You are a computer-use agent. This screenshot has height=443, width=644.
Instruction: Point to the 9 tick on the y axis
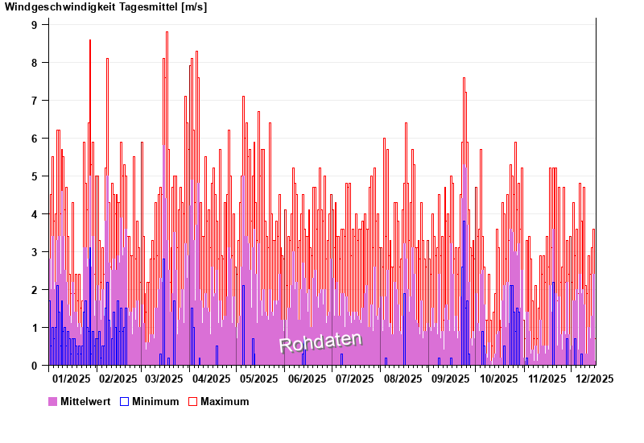click(x=35, y=25)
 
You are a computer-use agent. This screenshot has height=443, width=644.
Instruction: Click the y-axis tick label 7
click(x=35, y=101)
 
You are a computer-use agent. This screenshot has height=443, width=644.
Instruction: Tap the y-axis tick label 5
click(x=35, y=176)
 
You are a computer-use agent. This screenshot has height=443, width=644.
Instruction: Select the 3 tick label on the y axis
click(x=35, y=252)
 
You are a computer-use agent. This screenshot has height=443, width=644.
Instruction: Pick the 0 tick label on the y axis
click(x=35, y=366)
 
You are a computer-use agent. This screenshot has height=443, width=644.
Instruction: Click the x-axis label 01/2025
click(x=70, y=379)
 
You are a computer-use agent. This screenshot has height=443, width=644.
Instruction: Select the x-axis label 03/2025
click(x=164, y=379)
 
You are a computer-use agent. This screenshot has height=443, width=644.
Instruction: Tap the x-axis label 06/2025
click(x=307, y=379)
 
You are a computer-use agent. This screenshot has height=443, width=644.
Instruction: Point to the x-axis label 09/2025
click(x=451, y=379)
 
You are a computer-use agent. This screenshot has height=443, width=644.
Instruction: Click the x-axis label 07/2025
click(x=354, y=379)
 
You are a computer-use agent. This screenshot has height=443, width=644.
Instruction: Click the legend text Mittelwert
click(x=85, y=402)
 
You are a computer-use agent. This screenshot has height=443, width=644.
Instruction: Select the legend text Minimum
click(x=155, y=402)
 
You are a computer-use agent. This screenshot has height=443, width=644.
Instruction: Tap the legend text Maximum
click(x=225, y=402)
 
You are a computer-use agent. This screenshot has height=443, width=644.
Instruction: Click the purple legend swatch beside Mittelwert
click(x=53, y=401)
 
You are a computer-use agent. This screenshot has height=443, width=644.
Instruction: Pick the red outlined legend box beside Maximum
click(x=192, y=401)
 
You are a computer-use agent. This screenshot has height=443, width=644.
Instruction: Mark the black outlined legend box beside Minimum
click(x=124, y=401)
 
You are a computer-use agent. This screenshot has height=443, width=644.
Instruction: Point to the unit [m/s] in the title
click(x=194, y=7)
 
